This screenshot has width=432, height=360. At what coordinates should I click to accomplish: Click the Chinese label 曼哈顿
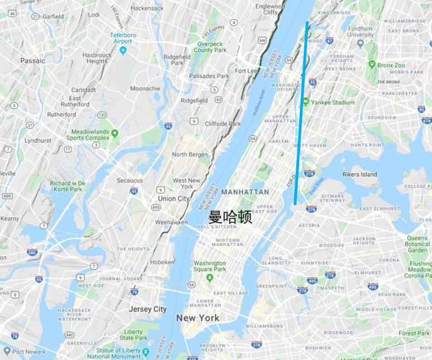[x=230, y=217]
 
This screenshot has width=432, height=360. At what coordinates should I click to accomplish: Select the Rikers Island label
[x=359, y=174]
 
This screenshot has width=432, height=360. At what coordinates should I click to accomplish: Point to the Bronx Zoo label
[x=391, y=65]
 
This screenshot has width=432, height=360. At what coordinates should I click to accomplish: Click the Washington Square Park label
[x=210, y=266]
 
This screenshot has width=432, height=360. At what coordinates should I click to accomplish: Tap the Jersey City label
[x=148, y=309]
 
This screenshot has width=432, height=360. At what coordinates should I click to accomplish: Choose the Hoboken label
[x=163, y=262]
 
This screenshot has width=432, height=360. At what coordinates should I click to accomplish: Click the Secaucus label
[x=130, y=180]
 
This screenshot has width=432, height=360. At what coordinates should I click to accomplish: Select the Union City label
[x=174, y=198]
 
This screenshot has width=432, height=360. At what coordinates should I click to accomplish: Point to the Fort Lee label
[x=246, y=71]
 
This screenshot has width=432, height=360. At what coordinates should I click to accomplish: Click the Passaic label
[x=32, y=60]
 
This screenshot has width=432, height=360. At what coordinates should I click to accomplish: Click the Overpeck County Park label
[x=210, y=47]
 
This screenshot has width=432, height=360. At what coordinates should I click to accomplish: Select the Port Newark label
[x=28, y=352]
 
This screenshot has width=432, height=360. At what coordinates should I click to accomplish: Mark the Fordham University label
[x=360, y=31]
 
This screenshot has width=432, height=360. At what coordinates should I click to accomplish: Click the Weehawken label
[x=171, y=222]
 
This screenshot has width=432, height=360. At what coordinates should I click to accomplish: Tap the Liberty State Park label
[x=133, y=335]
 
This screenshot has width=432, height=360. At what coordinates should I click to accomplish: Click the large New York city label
[x=198, y=318]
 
